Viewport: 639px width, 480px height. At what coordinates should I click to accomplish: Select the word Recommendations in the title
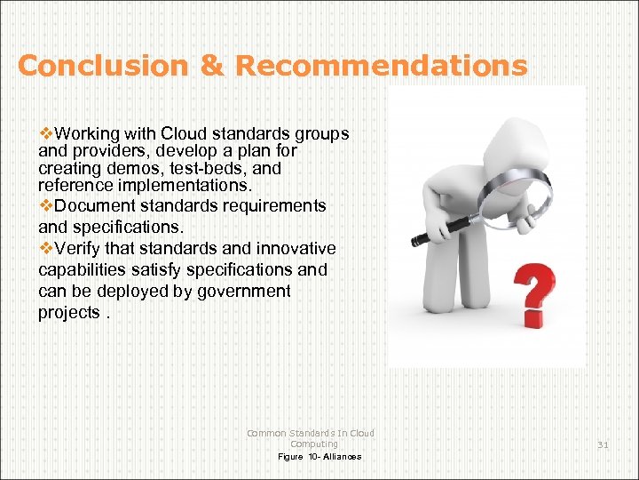click(382, 66)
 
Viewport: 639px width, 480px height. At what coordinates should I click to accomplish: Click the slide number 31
click(603, 444)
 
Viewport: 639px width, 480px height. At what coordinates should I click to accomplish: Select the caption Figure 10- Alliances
click(319, 457)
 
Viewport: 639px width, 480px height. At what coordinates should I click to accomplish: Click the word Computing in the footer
click(314, 444)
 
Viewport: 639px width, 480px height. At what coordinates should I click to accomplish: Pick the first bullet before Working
click(46, 134)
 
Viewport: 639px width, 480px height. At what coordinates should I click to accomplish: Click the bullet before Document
click(46, 205)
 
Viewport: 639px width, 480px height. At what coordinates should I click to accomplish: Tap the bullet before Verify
click(46, 248)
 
